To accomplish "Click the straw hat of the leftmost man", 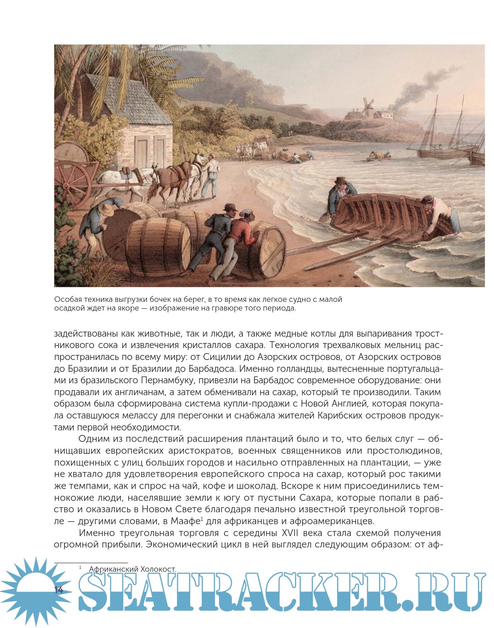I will tap(107, 209).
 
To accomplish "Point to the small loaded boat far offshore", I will tap(379, 156).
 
